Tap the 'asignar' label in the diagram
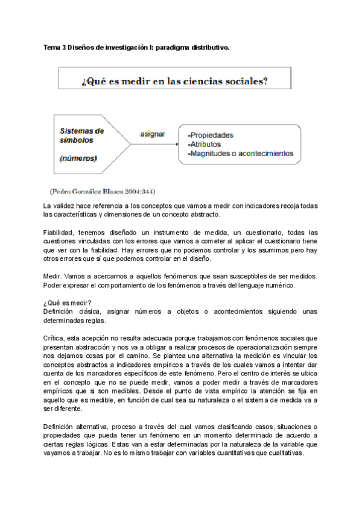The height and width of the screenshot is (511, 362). (x=152, y=134)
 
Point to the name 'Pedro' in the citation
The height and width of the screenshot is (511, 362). (x=64, y=190)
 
